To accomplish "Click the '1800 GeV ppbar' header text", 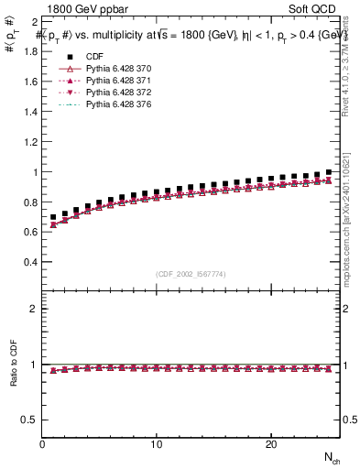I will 85,9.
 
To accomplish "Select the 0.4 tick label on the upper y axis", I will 29,262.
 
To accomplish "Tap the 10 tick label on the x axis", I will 157,444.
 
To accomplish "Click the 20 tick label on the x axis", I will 271,444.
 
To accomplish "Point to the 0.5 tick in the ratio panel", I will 29,420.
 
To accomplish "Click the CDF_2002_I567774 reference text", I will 190,274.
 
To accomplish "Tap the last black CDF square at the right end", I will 328,172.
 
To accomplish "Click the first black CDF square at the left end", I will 53,217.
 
